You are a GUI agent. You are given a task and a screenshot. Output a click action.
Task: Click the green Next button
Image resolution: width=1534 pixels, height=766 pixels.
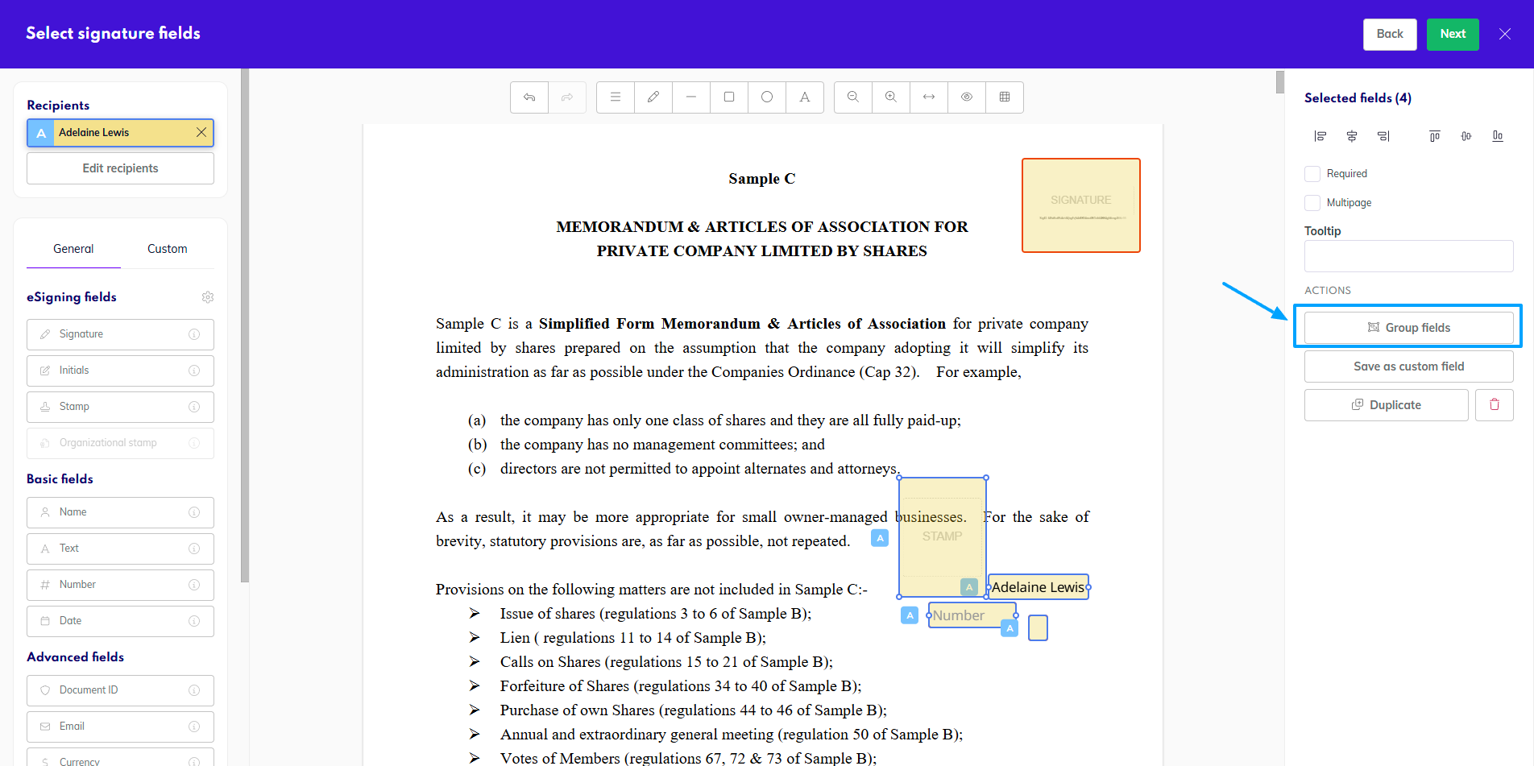(1452, 34)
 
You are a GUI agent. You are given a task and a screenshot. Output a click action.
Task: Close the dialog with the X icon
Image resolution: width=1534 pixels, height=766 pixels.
(1504, 34)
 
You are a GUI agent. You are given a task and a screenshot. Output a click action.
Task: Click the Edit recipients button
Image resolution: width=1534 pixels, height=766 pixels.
(120, 168)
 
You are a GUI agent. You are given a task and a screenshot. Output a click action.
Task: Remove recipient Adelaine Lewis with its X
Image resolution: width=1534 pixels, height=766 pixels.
(201, 132)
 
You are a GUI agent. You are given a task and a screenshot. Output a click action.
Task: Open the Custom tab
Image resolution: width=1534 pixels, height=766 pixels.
(167, 249)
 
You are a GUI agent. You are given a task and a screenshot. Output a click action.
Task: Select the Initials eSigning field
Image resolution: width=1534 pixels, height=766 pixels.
(120, 371)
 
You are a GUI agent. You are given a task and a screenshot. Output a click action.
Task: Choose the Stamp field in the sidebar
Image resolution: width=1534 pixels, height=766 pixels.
(120, 407)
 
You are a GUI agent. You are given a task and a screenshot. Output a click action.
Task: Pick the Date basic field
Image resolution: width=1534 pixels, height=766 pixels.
(120, 621)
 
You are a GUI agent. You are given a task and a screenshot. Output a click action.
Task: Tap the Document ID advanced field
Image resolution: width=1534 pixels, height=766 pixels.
(120, 690)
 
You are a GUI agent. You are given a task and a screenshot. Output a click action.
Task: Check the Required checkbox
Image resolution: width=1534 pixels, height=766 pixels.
(1312, 174)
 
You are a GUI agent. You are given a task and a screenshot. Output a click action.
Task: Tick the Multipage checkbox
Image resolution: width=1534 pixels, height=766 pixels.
(1312, 203)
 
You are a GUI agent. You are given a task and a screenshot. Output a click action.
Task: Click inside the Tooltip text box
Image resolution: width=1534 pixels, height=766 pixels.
(1408, 256)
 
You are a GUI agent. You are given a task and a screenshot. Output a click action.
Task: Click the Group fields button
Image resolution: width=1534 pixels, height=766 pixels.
(1408, 328)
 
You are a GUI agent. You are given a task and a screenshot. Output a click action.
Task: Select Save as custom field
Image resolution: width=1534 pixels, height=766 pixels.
(1408, 366)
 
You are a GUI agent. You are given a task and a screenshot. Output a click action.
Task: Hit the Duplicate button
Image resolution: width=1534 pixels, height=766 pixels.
(1386, 405)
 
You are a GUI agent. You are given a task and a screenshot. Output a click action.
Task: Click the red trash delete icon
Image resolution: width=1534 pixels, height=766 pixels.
(1494, 405)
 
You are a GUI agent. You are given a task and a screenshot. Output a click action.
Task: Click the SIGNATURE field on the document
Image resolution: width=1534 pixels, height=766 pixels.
(1080, 205)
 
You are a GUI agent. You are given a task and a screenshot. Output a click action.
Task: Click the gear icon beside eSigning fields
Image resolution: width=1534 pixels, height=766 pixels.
(208, 297)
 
